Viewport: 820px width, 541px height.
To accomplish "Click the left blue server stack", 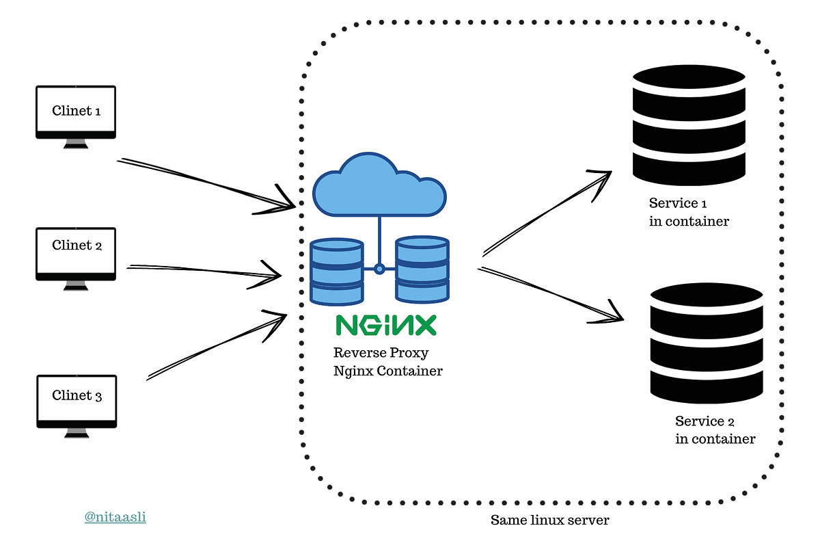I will pos(336,272).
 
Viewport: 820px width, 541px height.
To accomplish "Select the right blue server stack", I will pos(422,269).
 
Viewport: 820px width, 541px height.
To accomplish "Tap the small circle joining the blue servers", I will pos(379,269).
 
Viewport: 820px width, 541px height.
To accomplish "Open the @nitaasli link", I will pos(115,518).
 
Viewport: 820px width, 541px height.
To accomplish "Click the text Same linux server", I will pos(549,520).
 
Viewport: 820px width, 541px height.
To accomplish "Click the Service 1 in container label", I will pos(689,212).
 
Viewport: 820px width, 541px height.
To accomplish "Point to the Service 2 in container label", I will pos(715,430).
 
